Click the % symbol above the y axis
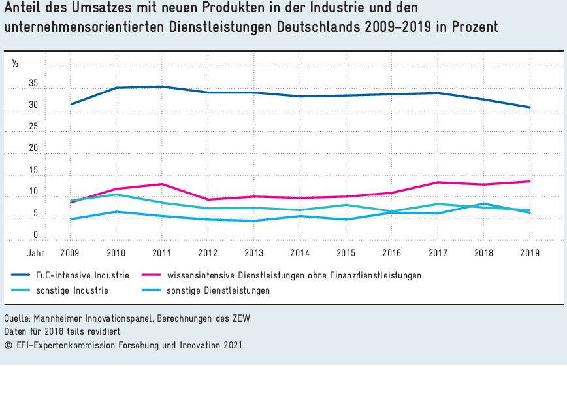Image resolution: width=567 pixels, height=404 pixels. coord(14,63)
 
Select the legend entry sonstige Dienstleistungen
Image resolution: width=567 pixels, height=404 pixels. coord(218,290)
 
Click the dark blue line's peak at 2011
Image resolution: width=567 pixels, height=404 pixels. coord(162,86)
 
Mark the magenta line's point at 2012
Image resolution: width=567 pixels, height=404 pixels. coord(208,199)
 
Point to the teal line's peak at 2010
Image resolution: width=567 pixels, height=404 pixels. coord(116,194)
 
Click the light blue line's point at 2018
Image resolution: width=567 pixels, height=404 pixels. coord(484,203)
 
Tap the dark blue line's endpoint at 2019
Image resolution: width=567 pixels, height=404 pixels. coord(530,107)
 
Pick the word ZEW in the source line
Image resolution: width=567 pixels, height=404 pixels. coord(240,318)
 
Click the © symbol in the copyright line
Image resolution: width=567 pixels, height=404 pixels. coord(8,345)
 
